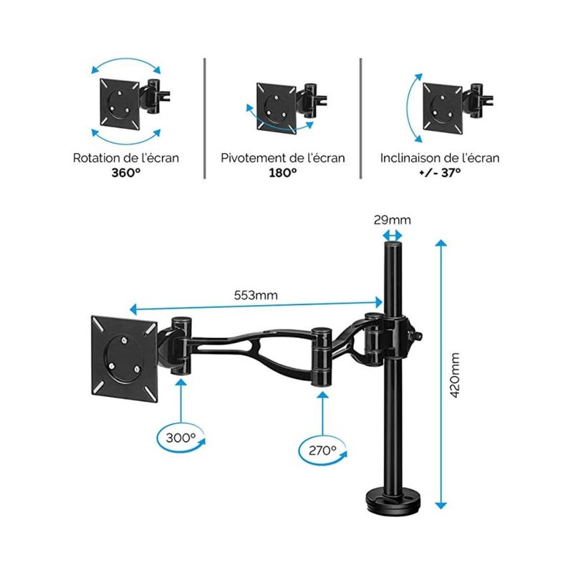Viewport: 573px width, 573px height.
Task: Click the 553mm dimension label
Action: point(256,295)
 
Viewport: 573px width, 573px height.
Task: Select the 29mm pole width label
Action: point(393,221)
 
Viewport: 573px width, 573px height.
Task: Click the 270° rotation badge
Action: point(324,451)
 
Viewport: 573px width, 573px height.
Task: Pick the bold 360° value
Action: point(126,173)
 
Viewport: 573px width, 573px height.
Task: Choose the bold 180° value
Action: point(283,173)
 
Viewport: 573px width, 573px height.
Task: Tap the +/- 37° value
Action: point(440,173)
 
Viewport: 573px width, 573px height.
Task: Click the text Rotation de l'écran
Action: point(126,158)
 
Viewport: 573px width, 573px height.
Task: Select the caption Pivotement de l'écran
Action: point(283,158)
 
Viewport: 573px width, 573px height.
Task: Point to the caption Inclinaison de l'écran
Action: point(440,158)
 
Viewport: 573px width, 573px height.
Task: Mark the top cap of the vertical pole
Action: point(393,247)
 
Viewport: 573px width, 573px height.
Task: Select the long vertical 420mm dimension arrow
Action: point(440,372)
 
